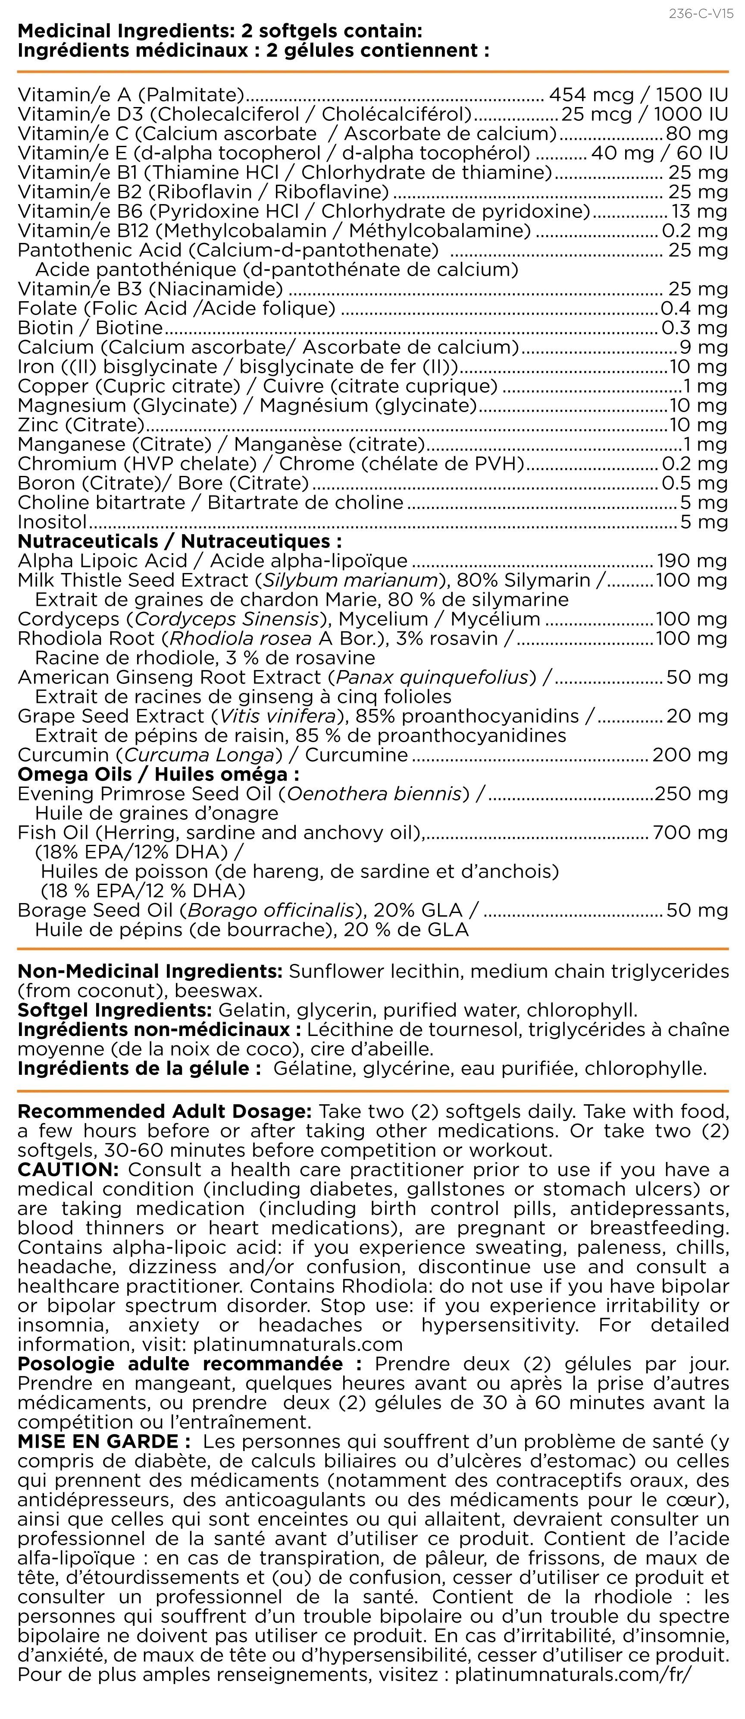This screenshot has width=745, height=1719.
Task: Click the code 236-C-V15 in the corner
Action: [700, 14]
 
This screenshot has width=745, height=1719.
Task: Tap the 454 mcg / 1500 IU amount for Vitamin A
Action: [638, 95]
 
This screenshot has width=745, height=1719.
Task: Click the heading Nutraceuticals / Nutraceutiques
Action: [179, 541]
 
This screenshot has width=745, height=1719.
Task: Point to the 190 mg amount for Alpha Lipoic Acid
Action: [692, 560]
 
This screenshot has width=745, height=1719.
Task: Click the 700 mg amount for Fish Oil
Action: [690, 832]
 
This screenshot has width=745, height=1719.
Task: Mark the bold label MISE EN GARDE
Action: [97, 1442]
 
